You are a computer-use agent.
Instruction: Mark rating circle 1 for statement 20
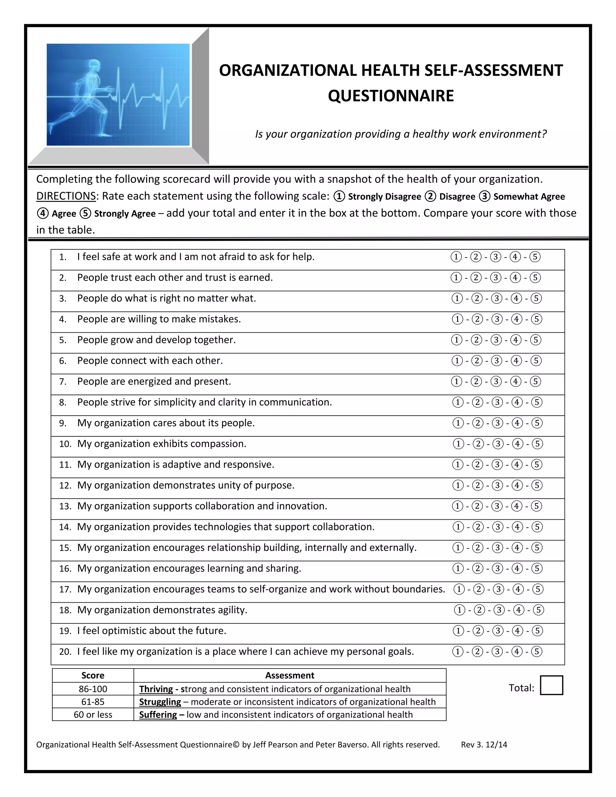point(457,652)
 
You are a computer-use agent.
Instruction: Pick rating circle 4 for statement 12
point(517,485)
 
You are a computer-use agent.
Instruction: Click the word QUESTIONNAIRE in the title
point(391,96)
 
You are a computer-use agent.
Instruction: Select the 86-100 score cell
point(93,689)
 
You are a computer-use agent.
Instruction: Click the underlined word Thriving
point(156,689)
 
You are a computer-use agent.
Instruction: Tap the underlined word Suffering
point(158,715)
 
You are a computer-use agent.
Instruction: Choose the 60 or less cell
point(93,715)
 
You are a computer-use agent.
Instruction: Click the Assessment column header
point(289,675)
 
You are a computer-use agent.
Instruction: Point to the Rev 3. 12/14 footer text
point(484,745)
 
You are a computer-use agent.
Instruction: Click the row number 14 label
point(65,527)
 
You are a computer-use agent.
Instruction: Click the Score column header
point(93,675)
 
